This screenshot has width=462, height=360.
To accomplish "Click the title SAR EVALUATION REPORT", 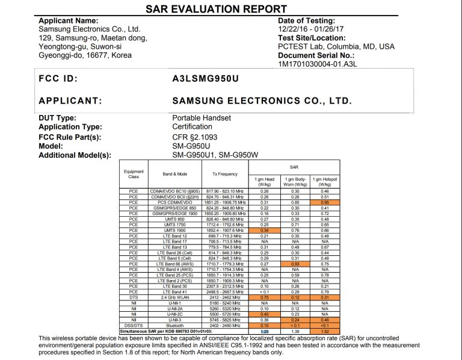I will [x=216, y=9].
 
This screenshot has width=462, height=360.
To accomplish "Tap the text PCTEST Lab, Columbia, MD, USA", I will [x=336, y=46].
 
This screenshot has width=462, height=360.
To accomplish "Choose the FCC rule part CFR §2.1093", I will [x=196, y=137].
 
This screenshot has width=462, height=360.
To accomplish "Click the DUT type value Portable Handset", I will [x=202, y=118].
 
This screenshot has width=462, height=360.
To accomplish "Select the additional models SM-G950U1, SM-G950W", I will [x=215, y=155].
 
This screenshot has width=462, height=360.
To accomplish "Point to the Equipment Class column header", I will [x=134, y=174].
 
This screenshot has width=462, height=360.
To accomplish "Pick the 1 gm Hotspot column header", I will [x=325, y=182].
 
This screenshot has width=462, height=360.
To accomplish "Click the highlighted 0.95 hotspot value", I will [x=325, y=203].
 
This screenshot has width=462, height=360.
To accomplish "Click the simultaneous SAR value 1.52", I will [x=325, y=331].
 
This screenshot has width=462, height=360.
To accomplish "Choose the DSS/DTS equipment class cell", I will [x=134, y=326].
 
